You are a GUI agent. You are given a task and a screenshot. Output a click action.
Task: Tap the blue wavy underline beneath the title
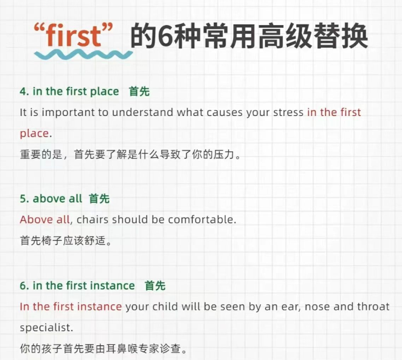pos(83,55)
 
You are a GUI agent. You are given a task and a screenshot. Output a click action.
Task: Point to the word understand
pos(143,112)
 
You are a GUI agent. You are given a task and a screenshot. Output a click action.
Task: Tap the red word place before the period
pos(34,134)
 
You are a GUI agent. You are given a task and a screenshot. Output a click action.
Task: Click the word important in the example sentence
pos(68,113)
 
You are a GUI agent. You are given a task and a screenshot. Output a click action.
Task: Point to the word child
pos(165,307)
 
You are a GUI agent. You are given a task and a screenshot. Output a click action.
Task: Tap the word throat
pos(373,307)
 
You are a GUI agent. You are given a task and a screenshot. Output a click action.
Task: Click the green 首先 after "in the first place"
pos(139,91)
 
